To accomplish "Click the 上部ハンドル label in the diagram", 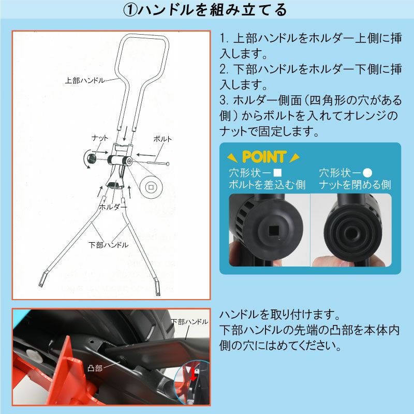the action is tap(85, 80).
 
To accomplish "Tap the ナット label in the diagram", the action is tap(99, 138).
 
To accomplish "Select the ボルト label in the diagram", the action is tap(162, 139).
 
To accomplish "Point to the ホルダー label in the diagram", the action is tap(113, 206).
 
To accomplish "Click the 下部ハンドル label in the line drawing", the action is tap(109, 245).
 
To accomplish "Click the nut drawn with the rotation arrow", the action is tap(92, 158).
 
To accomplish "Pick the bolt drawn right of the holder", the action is tap(158, 163).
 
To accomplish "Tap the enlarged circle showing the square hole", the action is tap(151, 187).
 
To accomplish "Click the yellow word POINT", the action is tap(264, 157).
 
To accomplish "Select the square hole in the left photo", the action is tap(274, 231).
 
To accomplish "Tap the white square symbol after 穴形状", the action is tap(277, 173).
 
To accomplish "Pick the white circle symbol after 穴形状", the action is tap(367, 173).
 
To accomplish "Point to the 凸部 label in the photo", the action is tap(95, 368).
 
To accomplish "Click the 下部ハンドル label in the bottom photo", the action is tap(189, 322).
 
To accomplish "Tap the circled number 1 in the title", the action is tap(130, 10).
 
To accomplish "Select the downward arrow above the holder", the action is tap(126, 134).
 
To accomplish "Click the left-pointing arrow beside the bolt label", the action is tap(146, 155).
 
